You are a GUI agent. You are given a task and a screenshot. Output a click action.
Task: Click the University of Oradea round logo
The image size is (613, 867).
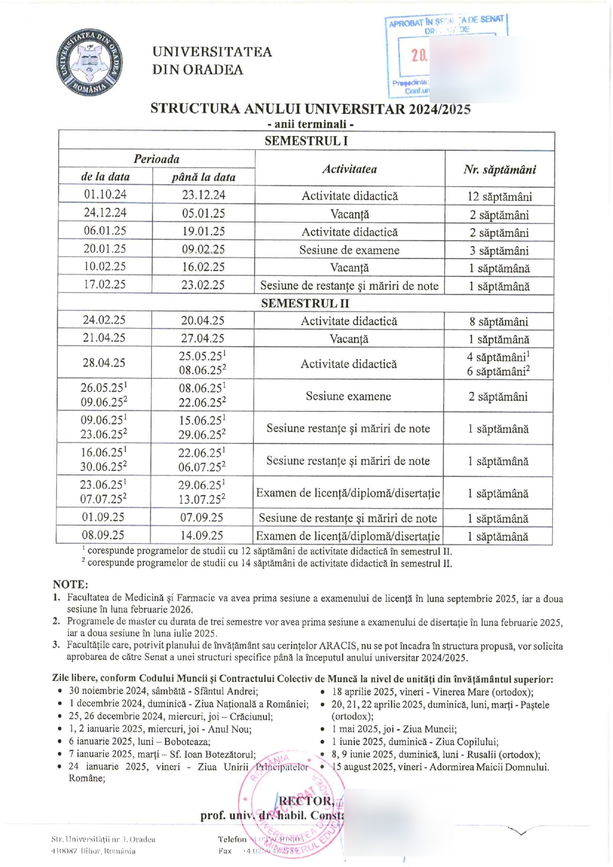click(89, 62)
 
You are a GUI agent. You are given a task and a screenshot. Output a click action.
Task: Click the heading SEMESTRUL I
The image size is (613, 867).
click(306, 141)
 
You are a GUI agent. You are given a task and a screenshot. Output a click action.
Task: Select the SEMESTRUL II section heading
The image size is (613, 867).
click(305, 303)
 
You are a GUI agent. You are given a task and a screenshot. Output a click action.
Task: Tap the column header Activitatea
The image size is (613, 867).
click(350, 169)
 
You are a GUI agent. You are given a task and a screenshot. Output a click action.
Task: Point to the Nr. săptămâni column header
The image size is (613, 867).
click(499, 170)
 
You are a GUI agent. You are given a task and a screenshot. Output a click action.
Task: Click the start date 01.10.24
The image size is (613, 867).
click(105, 194)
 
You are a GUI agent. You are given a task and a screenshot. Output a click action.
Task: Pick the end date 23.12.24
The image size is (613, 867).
click(203, 195)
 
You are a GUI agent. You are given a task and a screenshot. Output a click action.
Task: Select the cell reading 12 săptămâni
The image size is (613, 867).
click(499, 196)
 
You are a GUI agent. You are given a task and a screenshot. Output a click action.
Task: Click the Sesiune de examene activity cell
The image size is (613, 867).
click(349, 250)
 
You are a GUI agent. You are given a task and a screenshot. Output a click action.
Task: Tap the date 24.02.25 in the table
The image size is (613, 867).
click(104, 320)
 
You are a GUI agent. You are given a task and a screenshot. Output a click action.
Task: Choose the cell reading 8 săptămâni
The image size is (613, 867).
click(498, 321)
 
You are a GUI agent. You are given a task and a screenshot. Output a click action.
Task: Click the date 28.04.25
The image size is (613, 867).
click(104, 363)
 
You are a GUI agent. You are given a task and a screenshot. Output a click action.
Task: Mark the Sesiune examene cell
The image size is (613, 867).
click(348, 396)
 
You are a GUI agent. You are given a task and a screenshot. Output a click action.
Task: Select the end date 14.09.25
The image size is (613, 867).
click(202, 535)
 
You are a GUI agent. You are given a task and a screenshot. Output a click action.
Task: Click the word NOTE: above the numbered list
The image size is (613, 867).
click(70, 584)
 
